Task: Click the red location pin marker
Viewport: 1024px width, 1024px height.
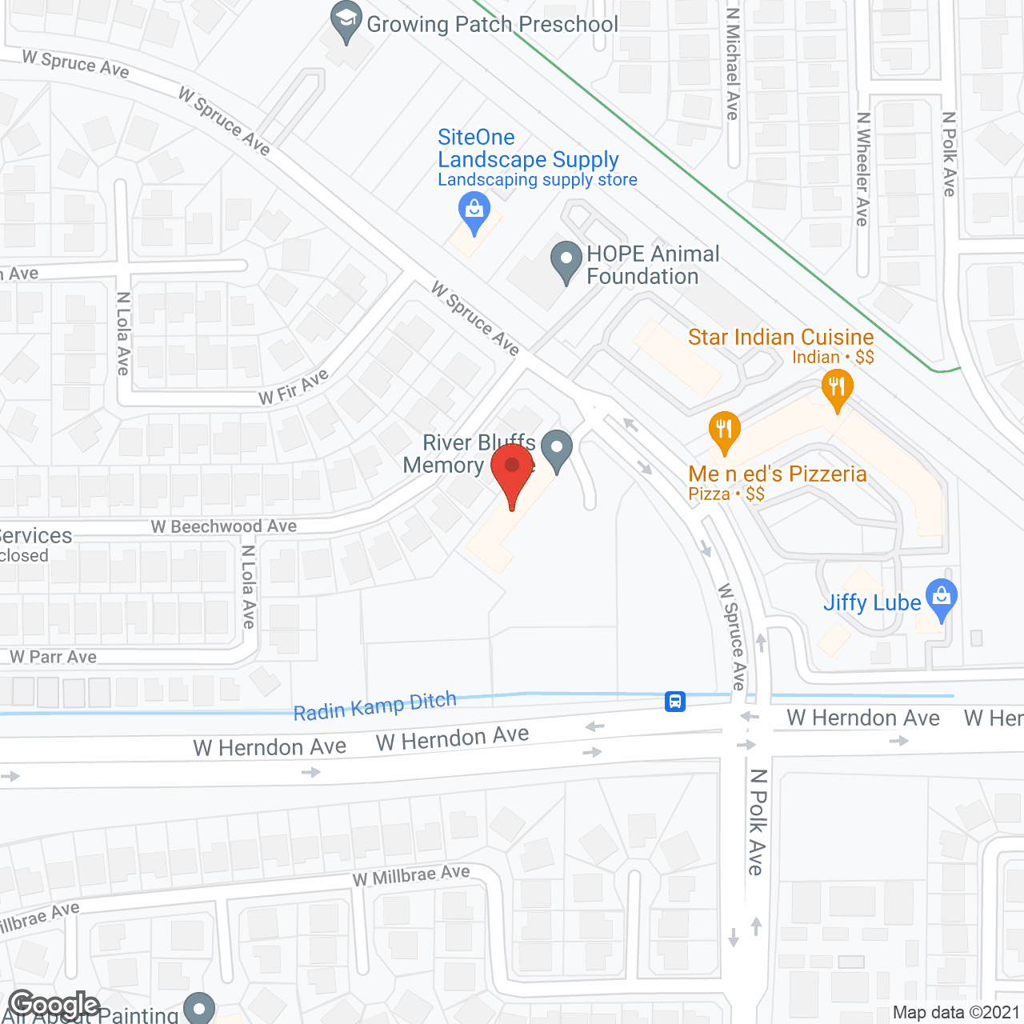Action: point(512,472)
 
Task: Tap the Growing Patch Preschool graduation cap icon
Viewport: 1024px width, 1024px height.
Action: point(346,22)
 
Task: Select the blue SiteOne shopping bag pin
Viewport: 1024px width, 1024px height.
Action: point(474,212)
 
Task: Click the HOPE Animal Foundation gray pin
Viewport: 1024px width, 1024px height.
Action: point(566,261)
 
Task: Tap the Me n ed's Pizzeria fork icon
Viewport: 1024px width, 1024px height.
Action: point(724,430)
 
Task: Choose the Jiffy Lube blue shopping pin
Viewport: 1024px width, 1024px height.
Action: point(942,598)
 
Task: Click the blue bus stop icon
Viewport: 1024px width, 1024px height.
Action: point(675,702)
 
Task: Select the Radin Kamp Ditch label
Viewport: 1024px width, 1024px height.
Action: point(374,706)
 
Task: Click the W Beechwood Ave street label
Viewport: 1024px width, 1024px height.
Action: point(224,526)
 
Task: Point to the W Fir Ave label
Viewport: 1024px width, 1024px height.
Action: point(294,387)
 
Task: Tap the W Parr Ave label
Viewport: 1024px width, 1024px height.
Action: point(54,657)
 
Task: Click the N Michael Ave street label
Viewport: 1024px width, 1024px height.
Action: point(732,64)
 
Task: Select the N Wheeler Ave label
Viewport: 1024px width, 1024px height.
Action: point(862,168)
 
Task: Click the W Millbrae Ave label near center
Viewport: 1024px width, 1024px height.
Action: point(411,876)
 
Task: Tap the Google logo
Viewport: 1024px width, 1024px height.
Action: point(54,1005)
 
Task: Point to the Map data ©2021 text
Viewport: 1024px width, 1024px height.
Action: point(956,1013)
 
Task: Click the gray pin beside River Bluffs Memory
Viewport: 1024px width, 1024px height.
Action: point(557,449)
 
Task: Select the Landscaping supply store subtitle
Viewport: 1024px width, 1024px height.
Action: point(538,180)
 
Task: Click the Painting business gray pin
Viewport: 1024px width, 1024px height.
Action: point(199,1008)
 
